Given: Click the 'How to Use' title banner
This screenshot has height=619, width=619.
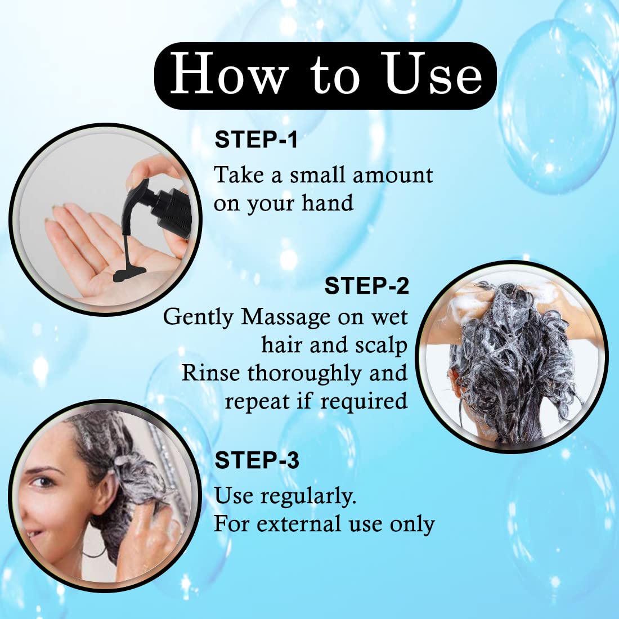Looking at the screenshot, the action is (x=325, y=76).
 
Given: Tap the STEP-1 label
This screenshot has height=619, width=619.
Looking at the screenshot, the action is (x=256, y=140).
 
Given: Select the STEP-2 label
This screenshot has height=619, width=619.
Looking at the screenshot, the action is (x=366, y=285).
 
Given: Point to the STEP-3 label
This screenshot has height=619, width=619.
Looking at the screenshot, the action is (x=257, y=460).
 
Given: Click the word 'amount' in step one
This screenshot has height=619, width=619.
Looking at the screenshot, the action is (x=393, y=175).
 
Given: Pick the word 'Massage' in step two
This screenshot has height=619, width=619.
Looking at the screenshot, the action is (x=285, y=318).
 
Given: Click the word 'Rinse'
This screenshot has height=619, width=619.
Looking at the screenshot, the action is (x=210, y=373).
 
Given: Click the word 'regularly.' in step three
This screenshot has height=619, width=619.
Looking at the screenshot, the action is (x=308, y=497).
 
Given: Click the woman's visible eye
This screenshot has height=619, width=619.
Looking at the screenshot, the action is (x=42, y=482).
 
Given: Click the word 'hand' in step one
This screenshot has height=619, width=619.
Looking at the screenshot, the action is (x=328, y=203).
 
